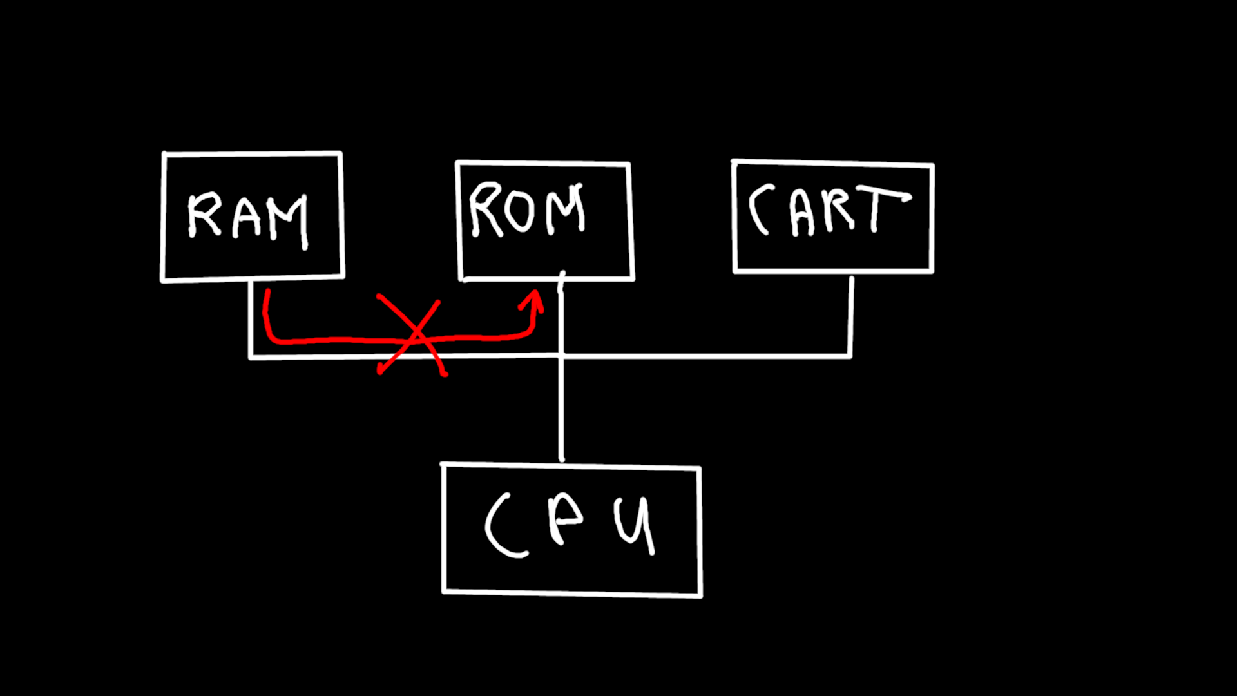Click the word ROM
point(527,209)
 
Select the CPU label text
point(570,525)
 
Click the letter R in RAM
point(204,216)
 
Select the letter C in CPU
point(503,525)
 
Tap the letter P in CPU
point(565,519)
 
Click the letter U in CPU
point(635,525)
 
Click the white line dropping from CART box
point(851,316)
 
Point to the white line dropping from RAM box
point(249,319)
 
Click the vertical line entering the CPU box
point(561,412)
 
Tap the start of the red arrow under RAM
point(266,294)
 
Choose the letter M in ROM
point(567,209)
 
